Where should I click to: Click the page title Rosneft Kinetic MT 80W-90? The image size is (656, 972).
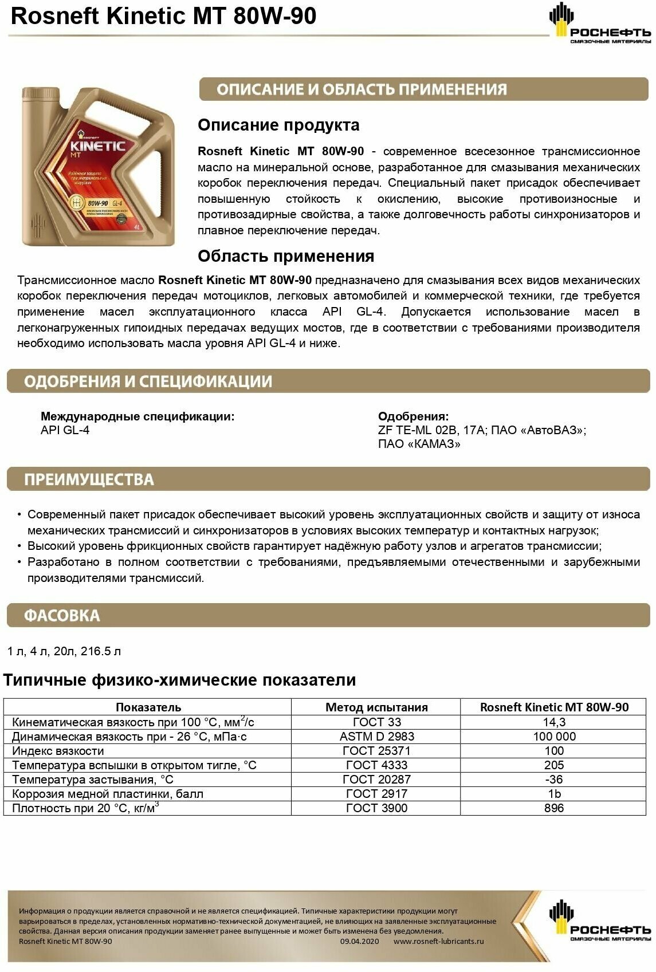[163, 17]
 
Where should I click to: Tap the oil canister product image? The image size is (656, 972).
[97, 166]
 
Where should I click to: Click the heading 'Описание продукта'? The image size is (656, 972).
[278, 125]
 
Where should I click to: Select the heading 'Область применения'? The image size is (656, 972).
[286, 256]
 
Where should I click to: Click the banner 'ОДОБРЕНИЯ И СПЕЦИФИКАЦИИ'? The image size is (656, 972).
[148, 381]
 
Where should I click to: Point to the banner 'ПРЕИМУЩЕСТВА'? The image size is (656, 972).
[89, 479]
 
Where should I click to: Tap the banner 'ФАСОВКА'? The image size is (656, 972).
[62, 616]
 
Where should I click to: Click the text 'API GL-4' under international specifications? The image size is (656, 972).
[65, 430]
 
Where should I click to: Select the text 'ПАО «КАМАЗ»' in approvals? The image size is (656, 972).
[419, 444]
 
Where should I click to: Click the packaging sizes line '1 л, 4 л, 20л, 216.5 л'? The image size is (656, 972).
[64, 651]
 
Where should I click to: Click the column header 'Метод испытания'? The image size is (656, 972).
[376, 707]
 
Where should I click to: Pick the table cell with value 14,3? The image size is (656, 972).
[554, 722]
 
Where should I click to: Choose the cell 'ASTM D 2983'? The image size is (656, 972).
[376, 737]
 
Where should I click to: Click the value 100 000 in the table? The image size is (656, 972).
[554, 737]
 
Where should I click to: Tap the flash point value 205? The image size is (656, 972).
[554, 765]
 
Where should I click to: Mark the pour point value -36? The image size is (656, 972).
[554, 780]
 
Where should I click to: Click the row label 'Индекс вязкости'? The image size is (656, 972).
[58, 751]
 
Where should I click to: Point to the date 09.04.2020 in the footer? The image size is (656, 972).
[359, 941]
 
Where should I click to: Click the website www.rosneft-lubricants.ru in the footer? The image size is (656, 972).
[438, 941]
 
